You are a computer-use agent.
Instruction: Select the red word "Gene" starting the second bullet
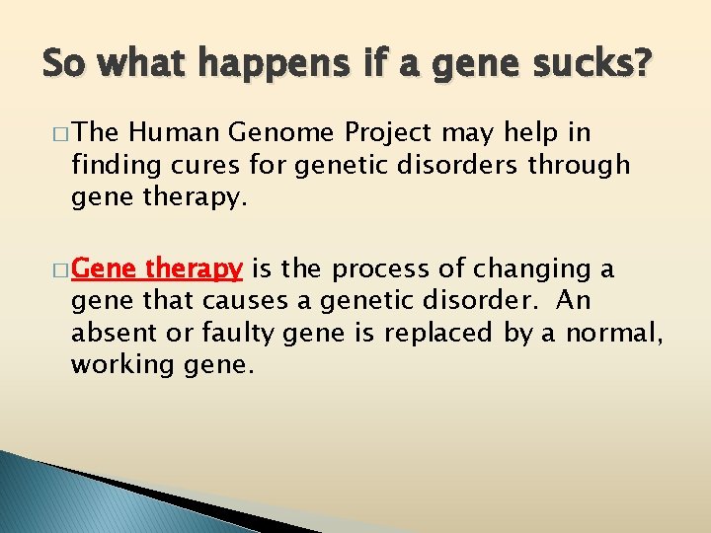[x=106, y=268]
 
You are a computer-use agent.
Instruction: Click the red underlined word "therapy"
[x=195, y=269]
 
